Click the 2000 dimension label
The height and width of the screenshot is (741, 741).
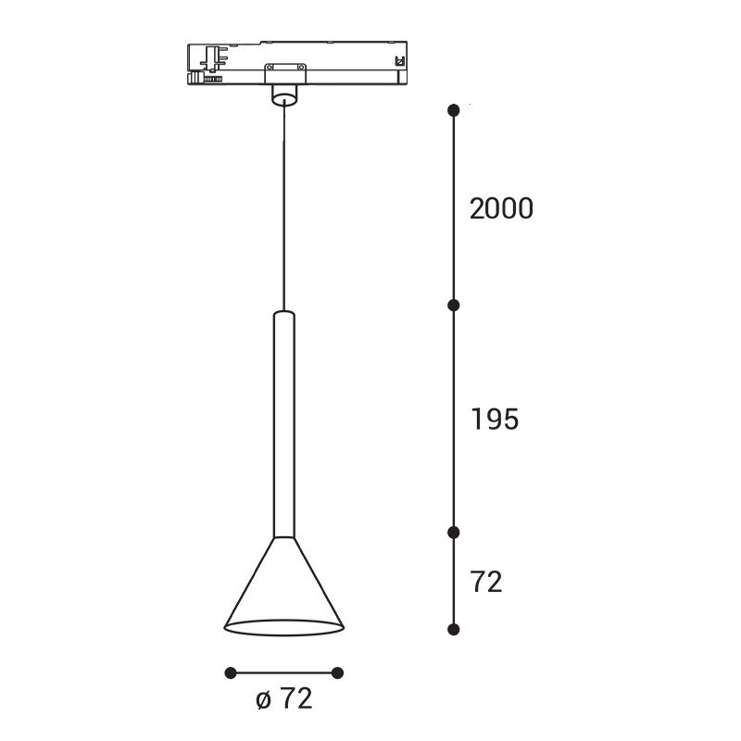501,208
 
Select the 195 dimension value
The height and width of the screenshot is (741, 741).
495,420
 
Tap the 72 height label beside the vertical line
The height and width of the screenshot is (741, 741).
485,582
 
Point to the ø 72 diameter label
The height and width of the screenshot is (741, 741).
284,698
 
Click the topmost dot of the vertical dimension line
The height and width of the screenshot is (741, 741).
454,110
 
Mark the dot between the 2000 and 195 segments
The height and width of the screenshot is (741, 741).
454,306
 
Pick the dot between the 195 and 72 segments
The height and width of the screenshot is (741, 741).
454,533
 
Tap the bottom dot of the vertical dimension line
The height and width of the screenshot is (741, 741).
454,630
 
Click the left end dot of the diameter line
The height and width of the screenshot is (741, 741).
231,673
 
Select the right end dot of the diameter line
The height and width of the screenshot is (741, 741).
337,673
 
